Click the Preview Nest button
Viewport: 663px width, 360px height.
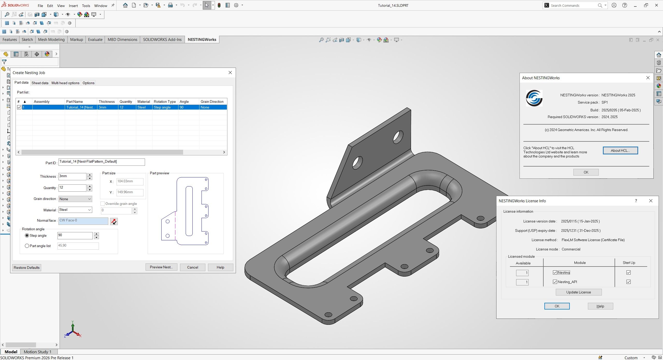[x=161, y=267]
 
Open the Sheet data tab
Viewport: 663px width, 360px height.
[x=40, y=83]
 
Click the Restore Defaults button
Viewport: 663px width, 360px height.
[x=26, y=268]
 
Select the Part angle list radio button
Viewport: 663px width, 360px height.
[x=27, y=246]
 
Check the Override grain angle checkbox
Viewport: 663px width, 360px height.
[x=103, y=204]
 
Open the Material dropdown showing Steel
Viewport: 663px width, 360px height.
[x=75, y=210]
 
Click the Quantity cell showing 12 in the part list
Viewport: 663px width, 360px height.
[x=126, y=107]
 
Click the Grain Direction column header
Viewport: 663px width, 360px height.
[x=212, y=102]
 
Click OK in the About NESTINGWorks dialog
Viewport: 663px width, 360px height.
[x=586, y=172]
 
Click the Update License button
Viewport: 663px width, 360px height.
[x=578, y=292]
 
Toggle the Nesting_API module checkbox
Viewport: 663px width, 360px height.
[x=555, y=282]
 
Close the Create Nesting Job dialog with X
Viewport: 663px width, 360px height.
[x=230, y=73]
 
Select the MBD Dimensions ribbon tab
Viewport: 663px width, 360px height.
[x=122, y=39]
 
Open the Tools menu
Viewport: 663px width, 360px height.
[x=86, y=5]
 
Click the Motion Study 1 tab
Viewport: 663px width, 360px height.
[x=38, y=352]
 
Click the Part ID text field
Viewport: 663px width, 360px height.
[x=102, y=162]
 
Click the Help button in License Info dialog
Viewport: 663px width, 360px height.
[x=600, y=306]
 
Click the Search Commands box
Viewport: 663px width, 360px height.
[x=574, y=5]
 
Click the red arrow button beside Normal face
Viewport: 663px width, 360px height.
[x=114, y=221]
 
